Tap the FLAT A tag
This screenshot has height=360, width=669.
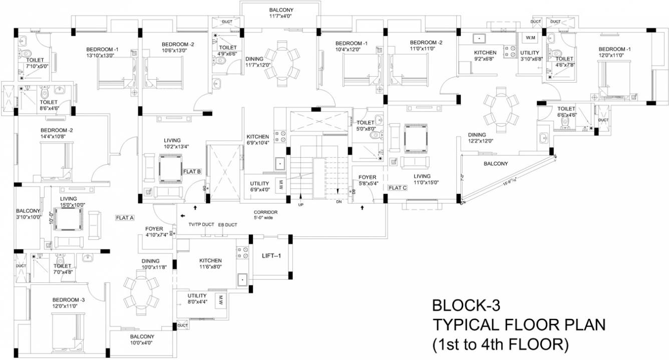[x=125, y=218]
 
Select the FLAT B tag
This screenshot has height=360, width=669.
[x=192, y=171]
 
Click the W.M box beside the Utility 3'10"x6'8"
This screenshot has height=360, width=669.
[x=529, y=38]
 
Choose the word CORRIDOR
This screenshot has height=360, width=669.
[x=265, y=212]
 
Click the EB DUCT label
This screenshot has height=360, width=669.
[x=227, y=225]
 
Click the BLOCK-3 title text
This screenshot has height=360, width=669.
[x=466, y=305]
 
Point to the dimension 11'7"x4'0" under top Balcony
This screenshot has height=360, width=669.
[x=281, y=16]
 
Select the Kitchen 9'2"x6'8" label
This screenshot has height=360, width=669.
[x=485, y=53]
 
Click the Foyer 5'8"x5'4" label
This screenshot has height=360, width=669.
[x=368, y=177]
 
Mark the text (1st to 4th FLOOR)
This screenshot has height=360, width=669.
[x=501, y=344]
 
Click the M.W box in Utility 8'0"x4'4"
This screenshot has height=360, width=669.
[x=219, y=300]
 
